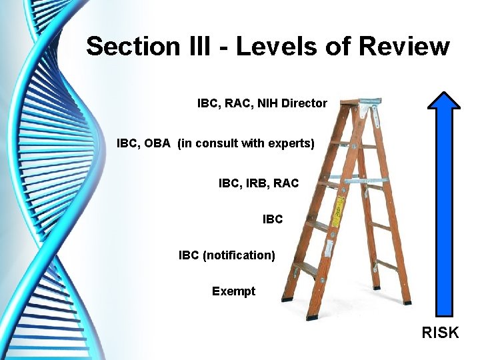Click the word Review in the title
pyautogui.click(x=404, y=47)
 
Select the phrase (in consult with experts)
pyautogui.click(x=245, y=143)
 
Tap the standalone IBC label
pyautogui.click(x=273, y=219)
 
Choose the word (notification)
pyautogui.click(x=239, y=255)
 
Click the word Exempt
pyautogui.click(x=233, y=291)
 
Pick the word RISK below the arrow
pyautogui.click(x=440, y=332)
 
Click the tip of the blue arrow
pyautogui.click(x=443, y=93)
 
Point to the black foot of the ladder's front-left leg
pyautogui.click(x=286, y=299)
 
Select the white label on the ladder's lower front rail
pyautogui.click(x=330, y=249)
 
